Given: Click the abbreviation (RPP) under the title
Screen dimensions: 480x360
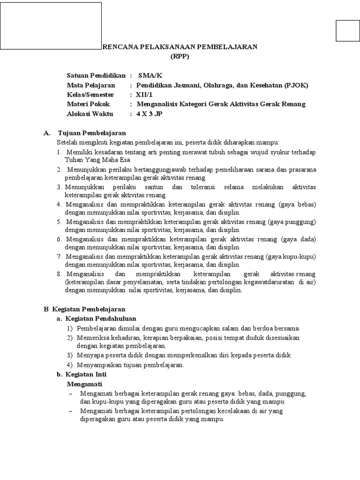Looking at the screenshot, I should (x=180, y=56).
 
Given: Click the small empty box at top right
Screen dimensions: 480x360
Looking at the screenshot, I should (x=347, y=31).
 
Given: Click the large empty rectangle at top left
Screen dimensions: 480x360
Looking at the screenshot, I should (x=51, y=26).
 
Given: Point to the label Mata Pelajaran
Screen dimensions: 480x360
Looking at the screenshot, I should (x=91, y=85).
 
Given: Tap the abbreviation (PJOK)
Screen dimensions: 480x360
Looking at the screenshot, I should (x=295, y=85).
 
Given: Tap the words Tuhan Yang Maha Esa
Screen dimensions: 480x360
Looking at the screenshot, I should (x=91, y=160).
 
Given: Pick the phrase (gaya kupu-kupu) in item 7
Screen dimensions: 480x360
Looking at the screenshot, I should (x=291, y=256).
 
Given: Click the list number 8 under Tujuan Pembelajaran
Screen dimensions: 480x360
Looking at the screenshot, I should (x=59, y=273).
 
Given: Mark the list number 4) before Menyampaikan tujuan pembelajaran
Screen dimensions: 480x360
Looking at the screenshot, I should (x=69, y=365).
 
